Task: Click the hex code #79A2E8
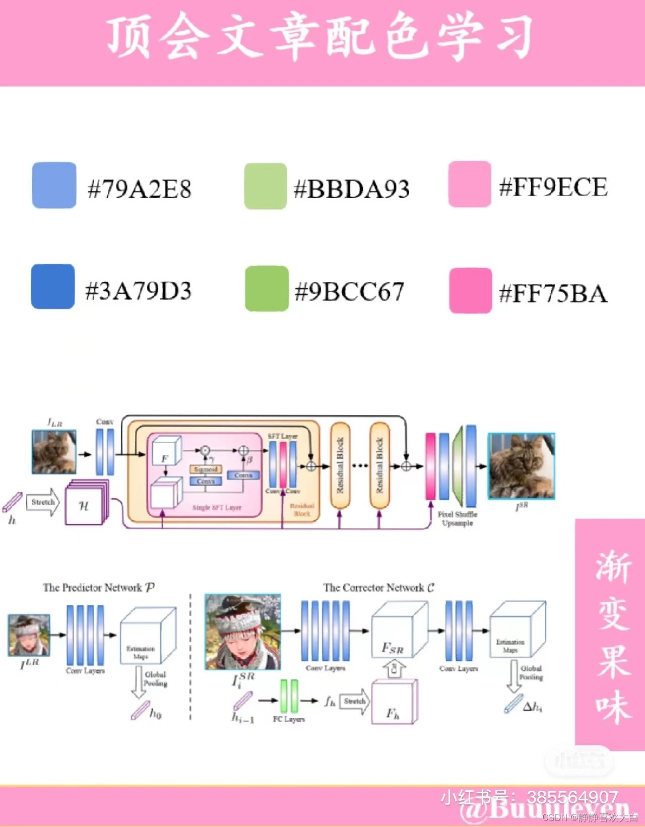point(140,189)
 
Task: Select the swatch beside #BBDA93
point(265,186)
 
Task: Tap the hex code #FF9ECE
point(553,187)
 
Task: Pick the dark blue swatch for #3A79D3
point(53,286)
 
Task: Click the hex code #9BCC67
point(349,292)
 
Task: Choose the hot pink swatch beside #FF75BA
point(470,291)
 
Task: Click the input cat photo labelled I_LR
point(54,452)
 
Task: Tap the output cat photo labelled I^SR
point(521,466)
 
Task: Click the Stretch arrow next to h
point(43,502)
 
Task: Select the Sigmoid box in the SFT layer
point(206,469)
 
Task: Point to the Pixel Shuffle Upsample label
point(457,519)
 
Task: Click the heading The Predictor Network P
point(99,587)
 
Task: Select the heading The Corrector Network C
point(378,587)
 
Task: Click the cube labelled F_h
point(394,703)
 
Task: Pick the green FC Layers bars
point(289,697)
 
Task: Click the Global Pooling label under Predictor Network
point(155,679)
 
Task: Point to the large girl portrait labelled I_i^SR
point(242,632)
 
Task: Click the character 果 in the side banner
point(613,661)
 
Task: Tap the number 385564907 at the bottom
point(572,797)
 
